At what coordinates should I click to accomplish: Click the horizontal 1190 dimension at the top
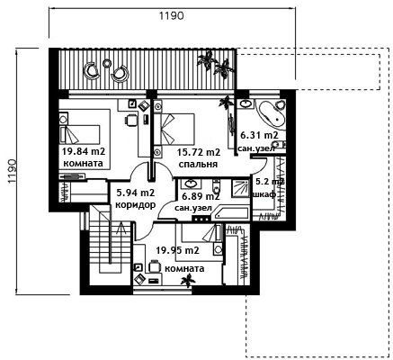pos(171,15)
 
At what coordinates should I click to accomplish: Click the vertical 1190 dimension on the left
pos(13,172)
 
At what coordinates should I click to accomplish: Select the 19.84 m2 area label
pos(84,151)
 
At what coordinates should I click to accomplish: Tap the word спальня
pos(198,165)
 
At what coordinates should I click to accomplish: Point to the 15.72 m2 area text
pos(199,152)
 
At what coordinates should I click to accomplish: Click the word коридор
pos(135,205)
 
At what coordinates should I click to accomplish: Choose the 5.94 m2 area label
pos(136,193)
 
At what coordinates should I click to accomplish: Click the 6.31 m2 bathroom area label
pos(260,135)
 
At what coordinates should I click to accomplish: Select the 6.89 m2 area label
pos(201,196)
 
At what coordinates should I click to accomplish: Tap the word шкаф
pos(264,194)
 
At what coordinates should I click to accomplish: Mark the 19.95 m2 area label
pos(178,250)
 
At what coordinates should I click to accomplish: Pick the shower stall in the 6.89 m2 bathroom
pos(240,188)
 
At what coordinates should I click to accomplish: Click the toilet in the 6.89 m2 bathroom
pos(216,186)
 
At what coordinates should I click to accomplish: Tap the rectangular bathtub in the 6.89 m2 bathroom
pos(230,212)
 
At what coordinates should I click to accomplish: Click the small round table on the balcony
pos(106,63)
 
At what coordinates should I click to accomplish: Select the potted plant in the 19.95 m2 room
pos(188,281)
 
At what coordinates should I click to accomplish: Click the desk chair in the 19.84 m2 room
pos(130,120)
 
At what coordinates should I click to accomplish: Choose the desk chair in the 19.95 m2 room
pos(154,265)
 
